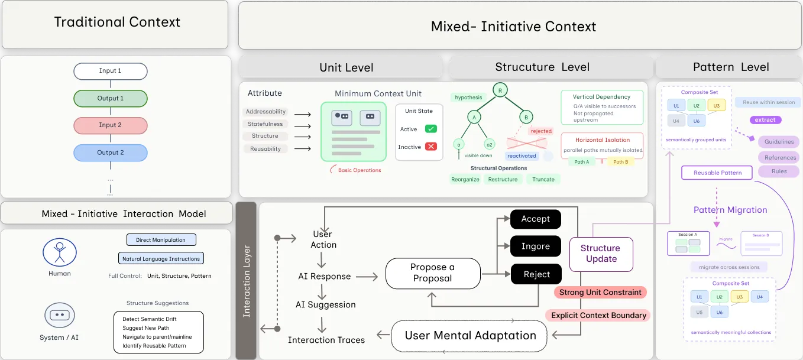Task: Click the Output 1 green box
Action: pos(110,98)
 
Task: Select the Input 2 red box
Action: pos(110,125)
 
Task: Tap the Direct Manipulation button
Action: pos(161,240)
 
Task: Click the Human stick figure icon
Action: pos(60,252)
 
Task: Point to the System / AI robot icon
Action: pos(60,315)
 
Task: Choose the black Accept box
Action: pos(535,219)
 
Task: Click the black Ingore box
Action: pos(535,247)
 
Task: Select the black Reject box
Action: pos(535,274)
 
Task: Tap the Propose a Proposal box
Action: pos(432,273)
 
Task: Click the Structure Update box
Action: pos(601,254)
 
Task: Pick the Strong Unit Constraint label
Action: pos(600,292)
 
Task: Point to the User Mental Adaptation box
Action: pos(470,336)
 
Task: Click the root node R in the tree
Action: pos(500,90)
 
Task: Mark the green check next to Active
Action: pos(431,129)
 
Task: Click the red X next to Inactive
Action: pos(431,147)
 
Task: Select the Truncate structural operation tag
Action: pos(543,179)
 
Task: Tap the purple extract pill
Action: pos(765,120)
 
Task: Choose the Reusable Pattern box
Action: pos(717,173)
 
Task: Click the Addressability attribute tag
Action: pos(265,112)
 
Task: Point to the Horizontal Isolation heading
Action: pos(602,140)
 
